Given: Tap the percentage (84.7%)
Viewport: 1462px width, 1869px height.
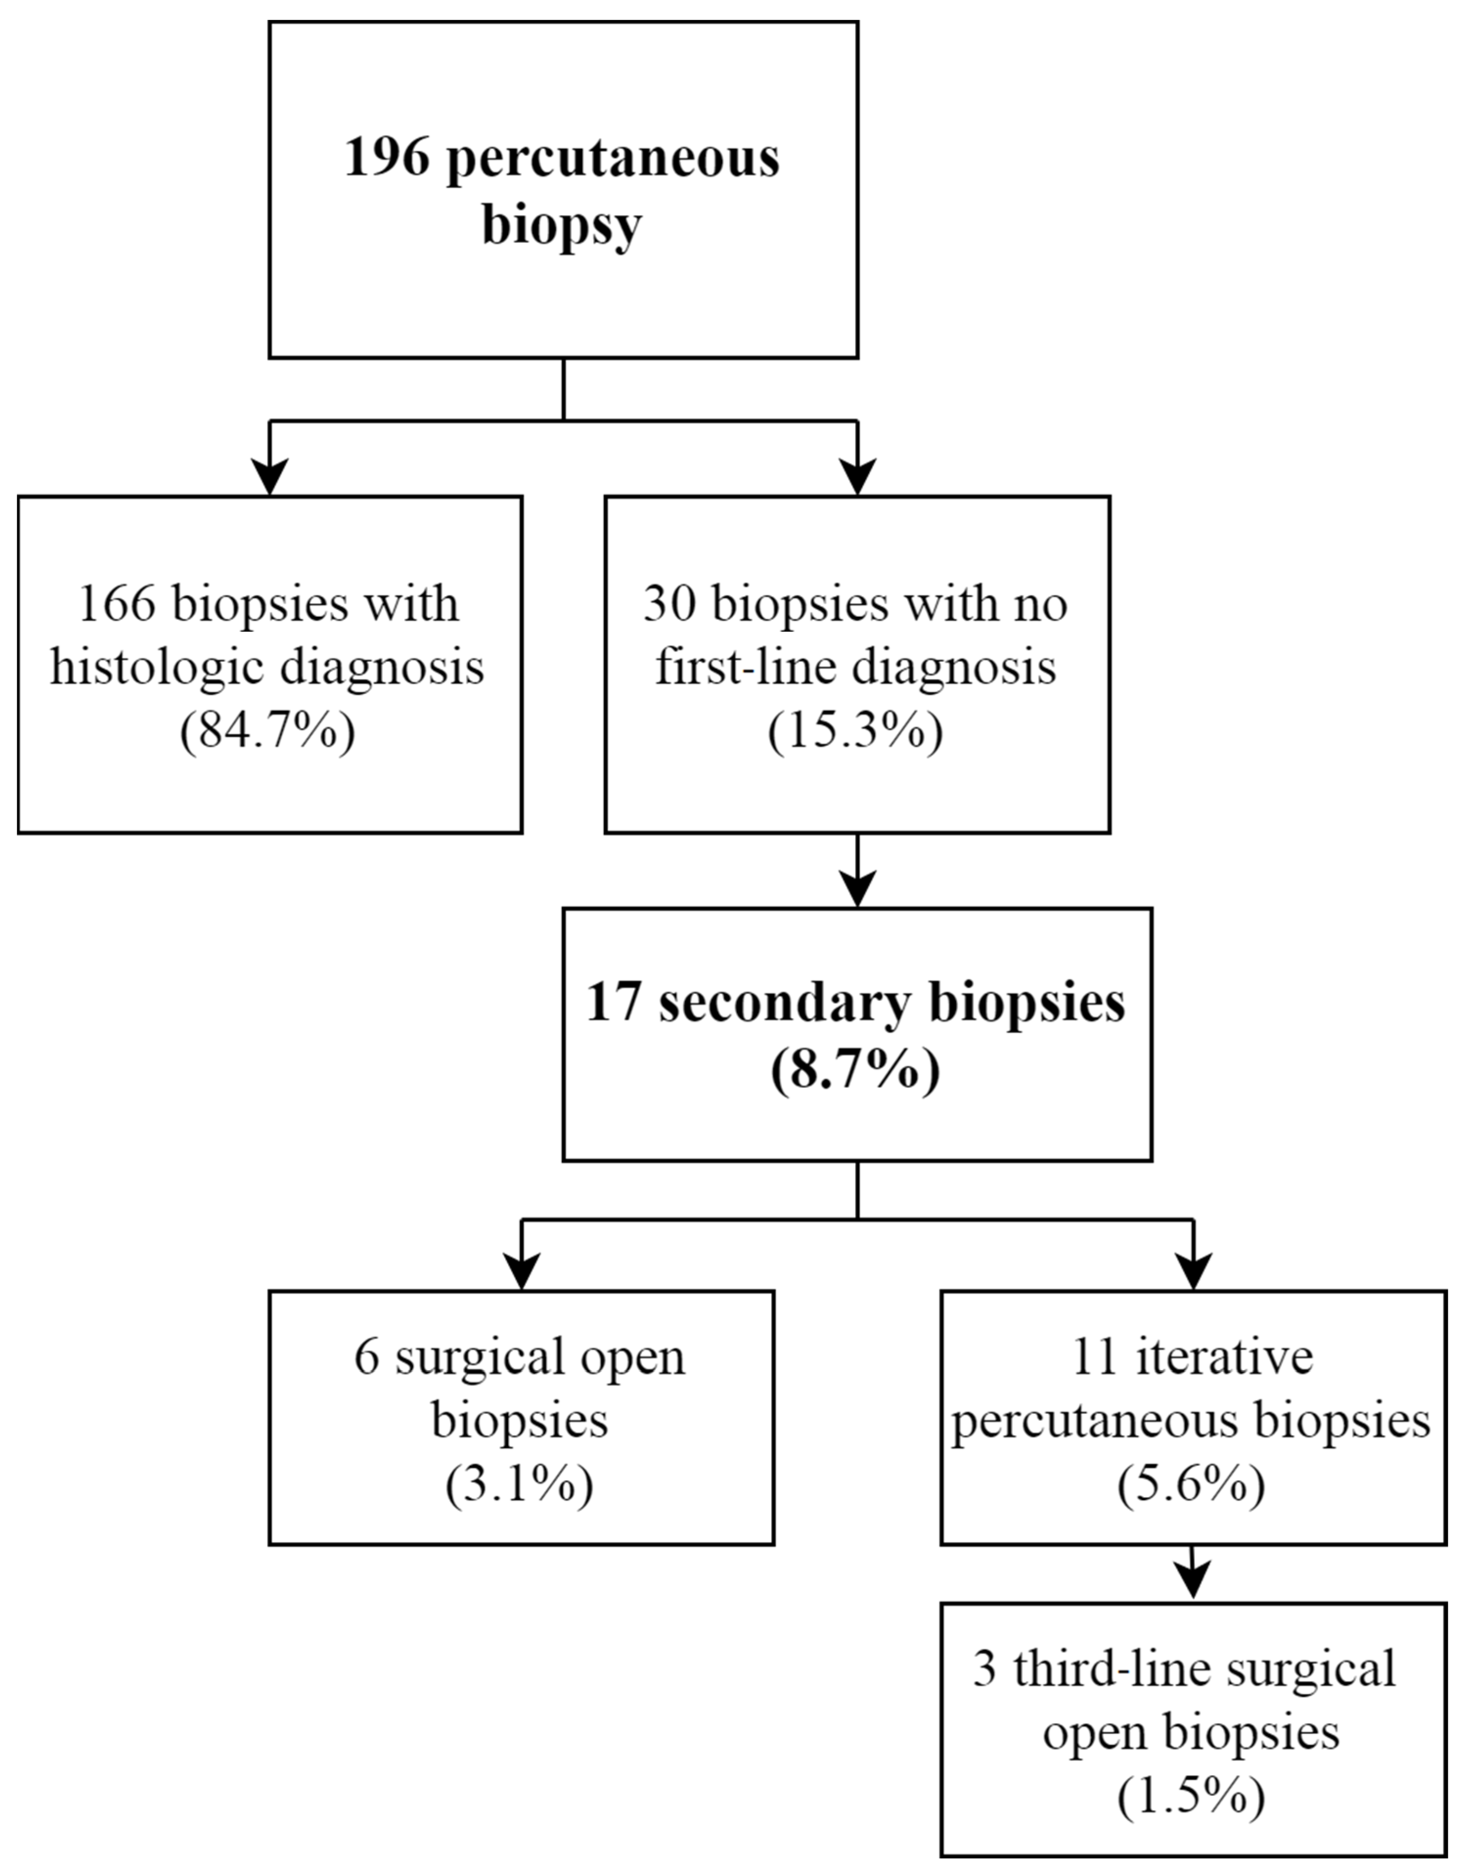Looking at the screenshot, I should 268,732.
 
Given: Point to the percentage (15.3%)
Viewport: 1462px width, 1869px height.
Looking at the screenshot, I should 856,732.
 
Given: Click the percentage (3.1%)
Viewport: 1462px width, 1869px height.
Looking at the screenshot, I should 520,1485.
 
